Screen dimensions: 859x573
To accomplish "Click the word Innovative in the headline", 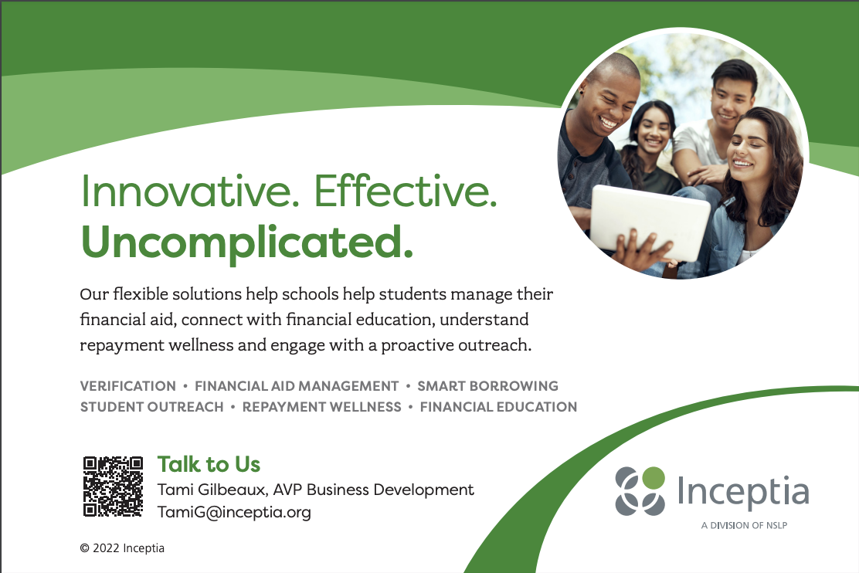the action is (190, 191).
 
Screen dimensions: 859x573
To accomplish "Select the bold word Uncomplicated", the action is (246, 242).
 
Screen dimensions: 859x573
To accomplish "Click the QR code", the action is (113, 487).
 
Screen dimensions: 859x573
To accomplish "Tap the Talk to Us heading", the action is (209, 464).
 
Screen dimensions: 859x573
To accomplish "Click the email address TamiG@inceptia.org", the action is (234, 512).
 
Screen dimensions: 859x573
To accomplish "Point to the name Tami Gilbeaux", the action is (212, 489).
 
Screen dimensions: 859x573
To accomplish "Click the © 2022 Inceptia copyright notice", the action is (122, 548).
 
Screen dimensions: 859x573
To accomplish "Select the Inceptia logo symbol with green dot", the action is (640, 491).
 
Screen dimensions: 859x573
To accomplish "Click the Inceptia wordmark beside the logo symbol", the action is (743, 491).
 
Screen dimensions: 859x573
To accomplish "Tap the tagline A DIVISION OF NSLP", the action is (744, 525).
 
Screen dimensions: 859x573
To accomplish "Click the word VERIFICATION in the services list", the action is (128, 386).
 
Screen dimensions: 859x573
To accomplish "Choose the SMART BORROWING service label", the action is (487, 386).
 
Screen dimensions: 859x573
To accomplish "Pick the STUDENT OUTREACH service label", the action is (151, 407).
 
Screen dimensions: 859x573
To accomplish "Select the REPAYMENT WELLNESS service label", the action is (321, 407).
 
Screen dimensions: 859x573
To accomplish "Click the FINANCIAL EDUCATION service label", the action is (498, 407).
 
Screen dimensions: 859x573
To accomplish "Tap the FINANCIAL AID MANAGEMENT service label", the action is (297, 386).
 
